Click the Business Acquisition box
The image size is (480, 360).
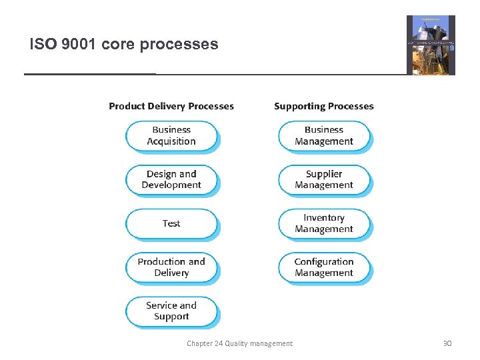pyautogui.click(x=171, y=135)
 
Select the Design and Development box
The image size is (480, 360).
pyautogui.click(x=171, y=179)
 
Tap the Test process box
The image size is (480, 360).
pyautogui.click(x=171, y=223)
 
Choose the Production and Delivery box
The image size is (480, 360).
pyautogui.click(x=171, y=267)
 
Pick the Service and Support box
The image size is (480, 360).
pyautogui.click(x=171, y=311)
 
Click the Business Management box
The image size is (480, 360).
pyautogui.click(x=324, y=135)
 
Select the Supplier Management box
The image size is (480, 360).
pyautogui.click(x=324, y=179)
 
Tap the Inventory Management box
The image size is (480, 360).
pyautogui.click(x=324, y=223)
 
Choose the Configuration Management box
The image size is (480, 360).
pyautogui.click(x=324, y=267)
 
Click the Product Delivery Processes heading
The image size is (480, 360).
pyautogui.click(x=171, y=106)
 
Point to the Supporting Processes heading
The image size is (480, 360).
pyautogui.click(x=324, y=106)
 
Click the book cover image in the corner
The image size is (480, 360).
pyautogui.click(x=431, y=45)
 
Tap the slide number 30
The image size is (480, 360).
pyautogui.click(x=447, y=343)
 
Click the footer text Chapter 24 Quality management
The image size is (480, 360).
pyautogui.click(x=239, y=343)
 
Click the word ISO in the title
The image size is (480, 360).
pyautogui.click(x=41, y=45)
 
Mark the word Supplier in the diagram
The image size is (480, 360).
pyautogui.click(x=324, y=174)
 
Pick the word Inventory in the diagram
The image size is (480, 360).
pyautogui.click(x=324, y=218)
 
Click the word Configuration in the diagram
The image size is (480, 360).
pyautogui.click(x=324, y=262)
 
